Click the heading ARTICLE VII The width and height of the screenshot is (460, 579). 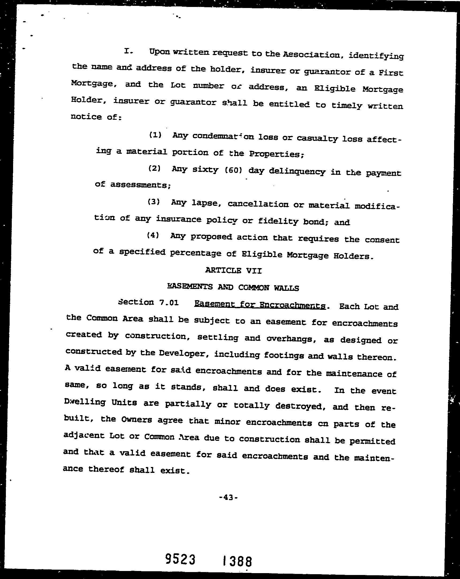coord(233,271)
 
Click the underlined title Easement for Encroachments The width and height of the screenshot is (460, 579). coord(260,305)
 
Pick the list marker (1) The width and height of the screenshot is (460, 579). coord(155,134)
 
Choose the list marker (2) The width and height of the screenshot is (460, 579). coord(154,168)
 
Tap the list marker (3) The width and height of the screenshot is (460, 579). coord(154,202)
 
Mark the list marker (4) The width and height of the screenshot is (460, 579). coord(153,235)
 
